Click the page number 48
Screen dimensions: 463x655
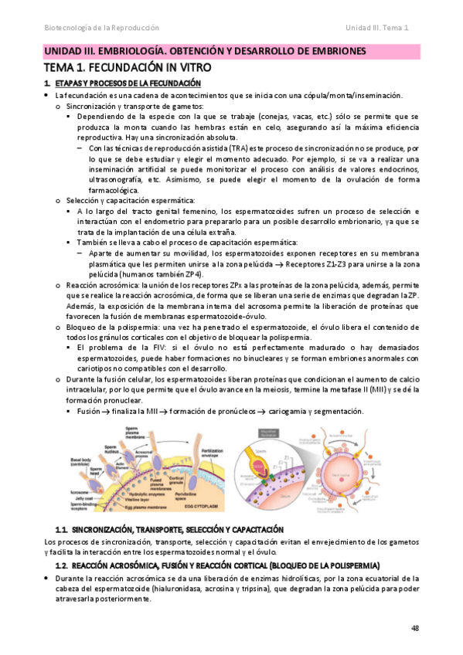[415, 627]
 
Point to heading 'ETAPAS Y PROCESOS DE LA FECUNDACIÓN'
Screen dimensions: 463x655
[128, 83]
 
